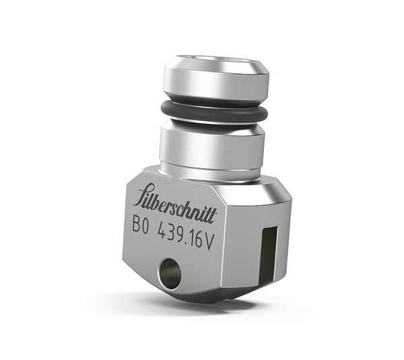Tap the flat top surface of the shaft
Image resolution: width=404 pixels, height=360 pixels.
click(x=216, y=62)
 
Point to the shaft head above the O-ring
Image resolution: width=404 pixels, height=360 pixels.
click(x=215, y=81)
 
